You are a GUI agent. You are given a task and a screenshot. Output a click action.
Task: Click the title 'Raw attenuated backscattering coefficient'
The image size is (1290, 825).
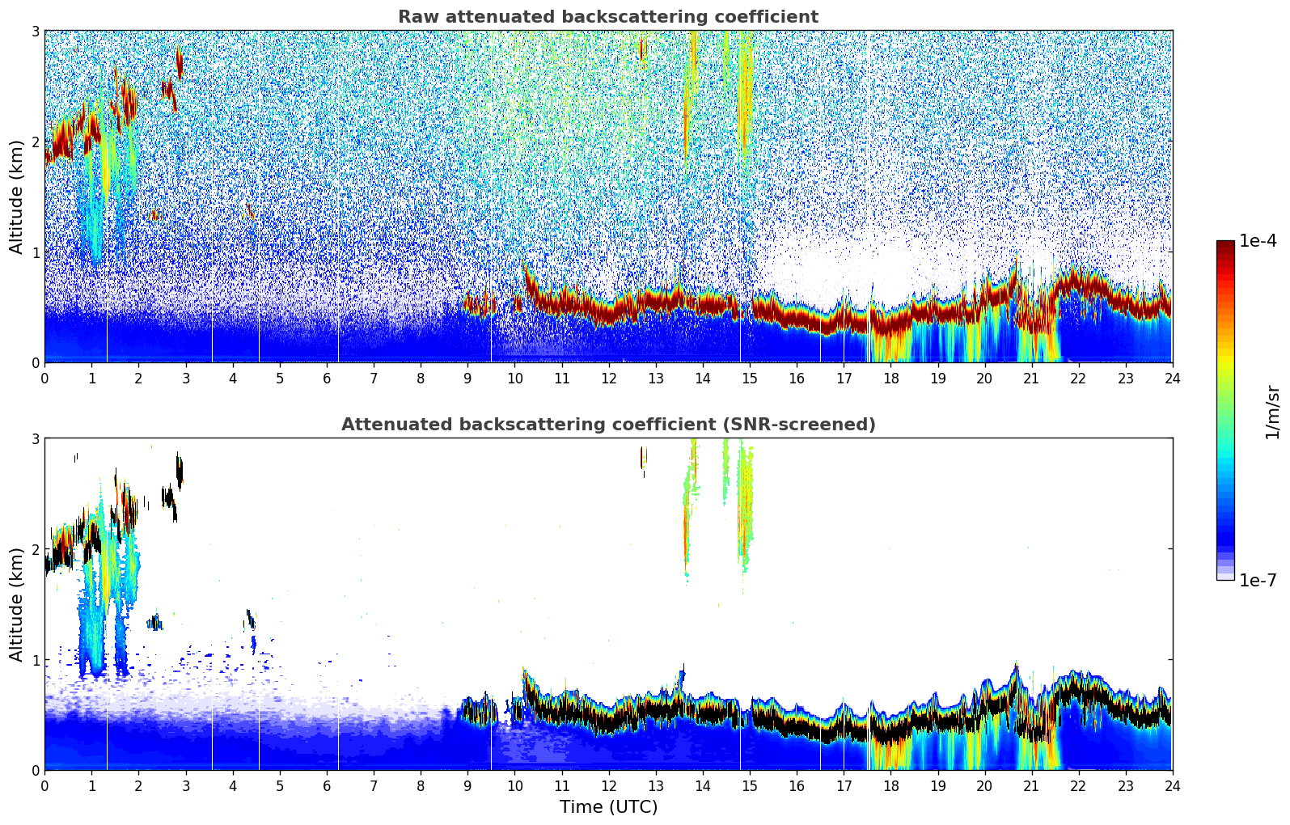pos(607,17)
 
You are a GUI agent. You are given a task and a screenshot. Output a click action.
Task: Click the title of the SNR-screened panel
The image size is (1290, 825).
pos(607,425)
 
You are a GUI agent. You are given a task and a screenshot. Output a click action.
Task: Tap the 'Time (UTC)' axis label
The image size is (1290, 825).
pos(608,807)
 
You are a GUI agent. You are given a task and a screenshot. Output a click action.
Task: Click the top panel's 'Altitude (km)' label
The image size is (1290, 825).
pos(16,197)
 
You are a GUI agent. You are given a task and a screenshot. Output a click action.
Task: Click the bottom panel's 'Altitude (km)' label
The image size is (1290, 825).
pos(16,604)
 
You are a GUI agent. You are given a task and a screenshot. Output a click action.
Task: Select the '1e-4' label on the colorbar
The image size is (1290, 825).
pos(1258,241)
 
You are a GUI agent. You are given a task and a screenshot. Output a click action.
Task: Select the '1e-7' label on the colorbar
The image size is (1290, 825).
pos(1258,580)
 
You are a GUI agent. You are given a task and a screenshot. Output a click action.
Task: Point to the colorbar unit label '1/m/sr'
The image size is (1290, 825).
pos(1272,412)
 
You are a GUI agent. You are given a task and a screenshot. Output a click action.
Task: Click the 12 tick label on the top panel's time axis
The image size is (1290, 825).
pos(609,378)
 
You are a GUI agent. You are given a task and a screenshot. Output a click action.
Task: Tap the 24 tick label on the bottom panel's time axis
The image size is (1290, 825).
pos(1172,785)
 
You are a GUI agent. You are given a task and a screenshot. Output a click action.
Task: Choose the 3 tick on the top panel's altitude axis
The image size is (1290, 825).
pos(36,31)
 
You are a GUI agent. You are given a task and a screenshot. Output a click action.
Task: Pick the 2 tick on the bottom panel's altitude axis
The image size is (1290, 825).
pos(36,549)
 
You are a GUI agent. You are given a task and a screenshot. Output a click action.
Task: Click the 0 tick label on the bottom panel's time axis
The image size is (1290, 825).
pos(44,785)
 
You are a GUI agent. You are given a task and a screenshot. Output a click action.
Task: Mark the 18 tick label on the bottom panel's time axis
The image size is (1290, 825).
pos(890,785)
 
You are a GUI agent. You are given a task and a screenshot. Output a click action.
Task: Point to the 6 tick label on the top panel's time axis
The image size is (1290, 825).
pos(327,378)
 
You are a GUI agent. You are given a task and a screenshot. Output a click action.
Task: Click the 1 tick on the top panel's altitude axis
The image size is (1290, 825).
pos(36,252)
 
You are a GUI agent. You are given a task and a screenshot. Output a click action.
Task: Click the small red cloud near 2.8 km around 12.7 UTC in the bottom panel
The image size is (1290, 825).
pos(643,458)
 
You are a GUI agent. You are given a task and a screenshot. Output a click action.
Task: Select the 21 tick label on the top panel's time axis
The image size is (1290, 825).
pos(1031,378)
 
